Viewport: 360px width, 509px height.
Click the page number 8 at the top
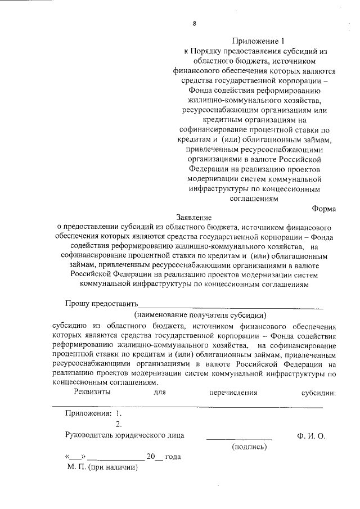pyautogui.click(x=194, y=24)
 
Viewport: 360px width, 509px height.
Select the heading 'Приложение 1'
pyautogui.click(x=255, y=41)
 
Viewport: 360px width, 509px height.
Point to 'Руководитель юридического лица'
pyautogui.click(x=125, y=436)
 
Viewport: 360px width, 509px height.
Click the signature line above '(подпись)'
pyautogui.click(x=239, y=438)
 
